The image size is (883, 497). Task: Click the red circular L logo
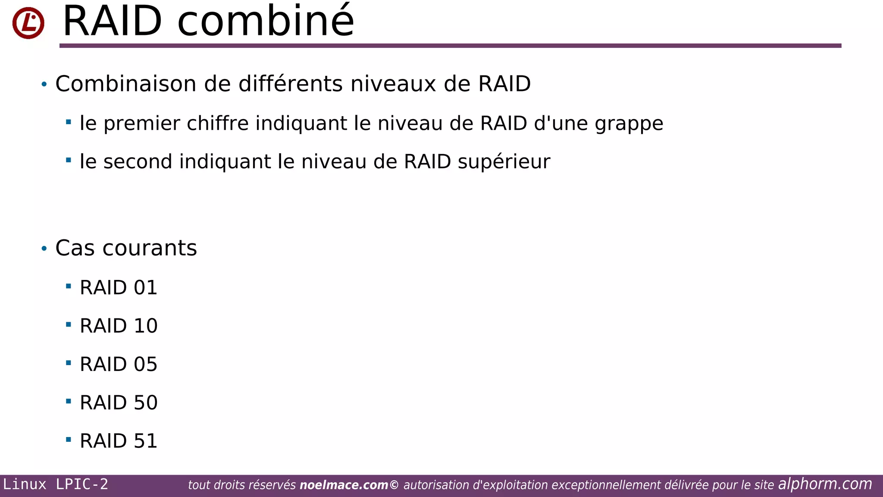click(28, 23)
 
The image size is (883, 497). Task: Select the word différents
click(291, 84)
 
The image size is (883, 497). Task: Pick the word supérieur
click(504, 162)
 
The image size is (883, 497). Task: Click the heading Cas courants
click(126, 248)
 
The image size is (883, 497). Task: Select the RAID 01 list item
click(119, 288)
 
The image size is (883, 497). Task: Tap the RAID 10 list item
click(119, 326)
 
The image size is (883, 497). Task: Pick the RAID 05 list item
click(119, 364)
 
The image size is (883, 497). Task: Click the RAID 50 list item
click(119, 403)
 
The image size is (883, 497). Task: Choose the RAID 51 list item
click(119, 441)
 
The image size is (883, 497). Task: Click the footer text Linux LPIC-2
click(56, 484)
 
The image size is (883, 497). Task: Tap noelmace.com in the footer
click(344, 485)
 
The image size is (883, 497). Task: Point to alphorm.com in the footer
click(825, 484)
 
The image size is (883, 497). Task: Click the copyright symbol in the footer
click(394, 485)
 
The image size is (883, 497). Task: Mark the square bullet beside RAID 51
click(69, 440)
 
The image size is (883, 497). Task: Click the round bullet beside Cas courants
click(44, 248)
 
